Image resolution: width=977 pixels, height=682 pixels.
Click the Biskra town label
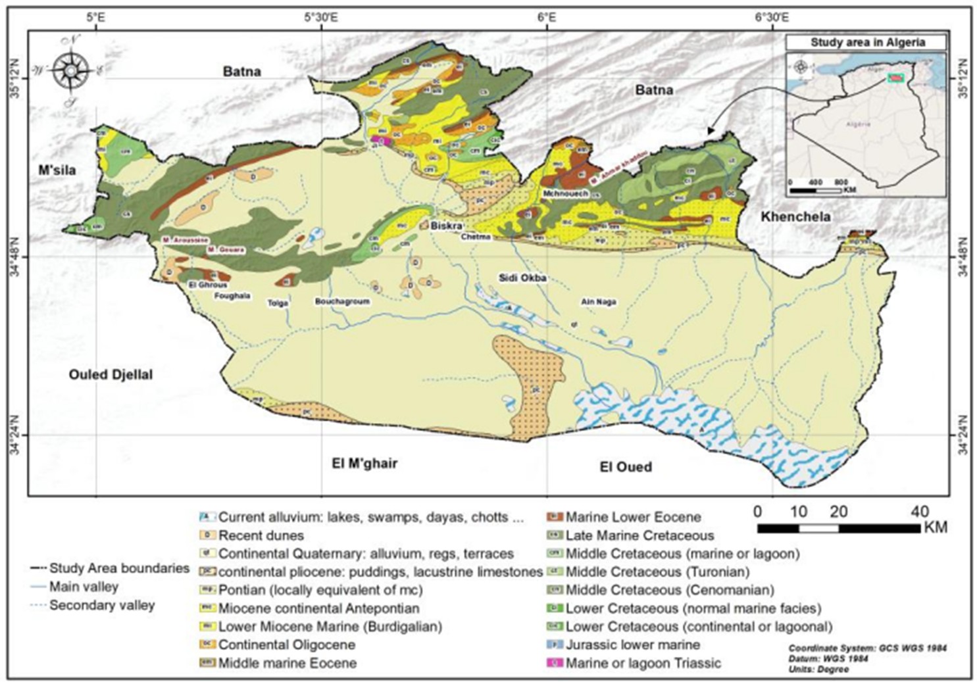click(446, 226)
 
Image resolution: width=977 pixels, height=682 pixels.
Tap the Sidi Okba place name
click(522, 278)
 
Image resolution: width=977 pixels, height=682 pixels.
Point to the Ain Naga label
click(598, 302)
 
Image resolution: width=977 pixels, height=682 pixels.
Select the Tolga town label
click(278, 303)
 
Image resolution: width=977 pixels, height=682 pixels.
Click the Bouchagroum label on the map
click(342, 301)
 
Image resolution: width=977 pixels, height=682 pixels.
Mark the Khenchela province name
click(795, 216)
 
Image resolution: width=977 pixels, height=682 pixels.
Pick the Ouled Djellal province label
click(111, 375)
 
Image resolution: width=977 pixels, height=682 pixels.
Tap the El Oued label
click(625, 467)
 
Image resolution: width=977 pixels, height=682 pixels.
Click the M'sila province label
click(57, 170)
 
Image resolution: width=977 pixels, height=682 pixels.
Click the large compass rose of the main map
click(71, 70)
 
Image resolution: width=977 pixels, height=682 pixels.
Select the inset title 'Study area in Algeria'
click(867, 42)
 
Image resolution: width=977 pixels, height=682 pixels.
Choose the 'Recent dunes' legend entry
click(261, 535)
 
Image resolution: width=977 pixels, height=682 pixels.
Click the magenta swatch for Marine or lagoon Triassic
click(555, 663)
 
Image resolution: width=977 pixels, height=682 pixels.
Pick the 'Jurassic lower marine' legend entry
click(632, 645)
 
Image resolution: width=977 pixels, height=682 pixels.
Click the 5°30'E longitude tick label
click(321, 18)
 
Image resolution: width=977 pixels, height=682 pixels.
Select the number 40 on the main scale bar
click(919, 512)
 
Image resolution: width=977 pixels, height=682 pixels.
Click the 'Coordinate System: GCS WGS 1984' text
click(867, 648)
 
